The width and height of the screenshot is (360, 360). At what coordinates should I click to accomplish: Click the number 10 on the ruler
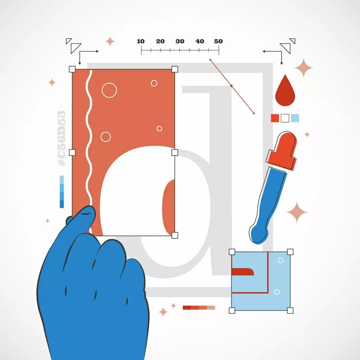pos(141,41)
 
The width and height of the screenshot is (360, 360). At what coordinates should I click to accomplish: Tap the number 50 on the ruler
pos(218,41)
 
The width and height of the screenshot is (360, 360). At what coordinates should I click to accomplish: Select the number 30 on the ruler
pos(180,41)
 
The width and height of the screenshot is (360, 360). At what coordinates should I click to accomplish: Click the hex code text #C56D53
pos(62,139)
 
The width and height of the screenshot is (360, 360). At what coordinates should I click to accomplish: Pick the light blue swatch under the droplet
pos(295,118)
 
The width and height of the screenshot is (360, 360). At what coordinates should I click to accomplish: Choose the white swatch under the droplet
pos(285,118)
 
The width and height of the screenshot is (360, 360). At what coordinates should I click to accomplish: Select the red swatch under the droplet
pos(275,118)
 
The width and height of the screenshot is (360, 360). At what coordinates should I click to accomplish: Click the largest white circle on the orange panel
pos(109,90)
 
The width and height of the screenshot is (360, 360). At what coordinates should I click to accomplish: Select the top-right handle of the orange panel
pos(175,69)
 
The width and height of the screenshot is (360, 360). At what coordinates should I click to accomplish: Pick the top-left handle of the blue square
pos(232,252)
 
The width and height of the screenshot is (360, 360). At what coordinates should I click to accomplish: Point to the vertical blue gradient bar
pos(62,192)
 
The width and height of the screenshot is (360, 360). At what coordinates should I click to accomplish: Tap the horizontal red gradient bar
pos(198,307)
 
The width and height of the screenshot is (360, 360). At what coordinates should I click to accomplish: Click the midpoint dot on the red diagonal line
pos(232,86)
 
